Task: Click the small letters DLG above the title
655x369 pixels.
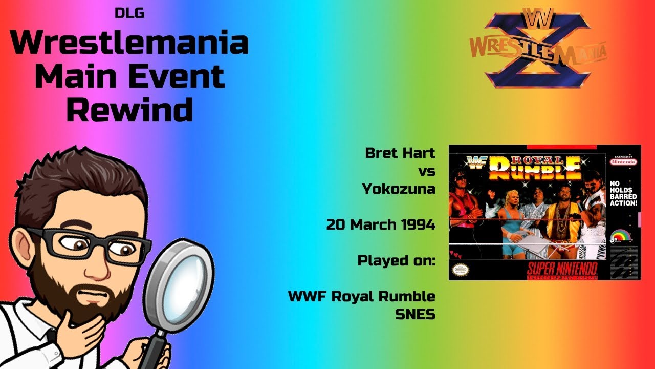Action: [129, 13]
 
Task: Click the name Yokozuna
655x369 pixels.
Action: [399, 189]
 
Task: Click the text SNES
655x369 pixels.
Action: [415, 314]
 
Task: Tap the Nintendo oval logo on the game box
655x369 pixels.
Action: [623, 161]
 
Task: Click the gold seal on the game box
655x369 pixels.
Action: [458, 269]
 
